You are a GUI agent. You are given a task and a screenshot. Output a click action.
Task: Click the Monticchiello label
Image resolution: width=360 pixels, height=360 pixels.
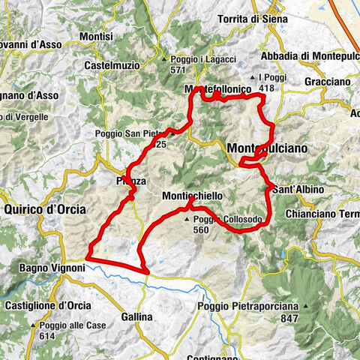click(192, 195)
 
